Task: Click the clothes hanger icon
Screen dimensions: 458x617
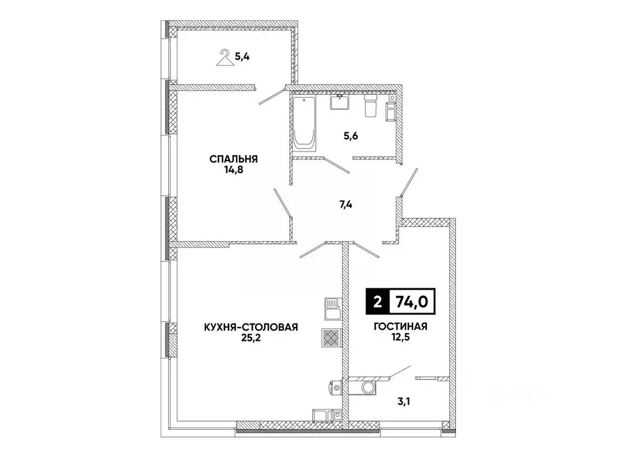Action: point(224,59)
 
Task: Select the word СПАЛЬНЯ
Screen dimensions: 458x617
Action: point(234,159)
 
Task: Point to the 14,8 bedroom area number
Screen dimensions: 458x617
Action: point(234,170)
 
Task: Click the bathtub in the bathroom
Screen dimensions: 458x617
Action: point(303,123)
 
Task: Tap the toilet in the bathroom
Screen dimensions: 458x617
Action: point(371,106)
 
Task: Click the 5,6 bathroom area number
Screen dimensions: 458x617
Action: point(350,136)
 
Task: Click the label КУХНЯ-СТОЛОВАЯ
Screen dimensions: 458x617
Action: point(251,327)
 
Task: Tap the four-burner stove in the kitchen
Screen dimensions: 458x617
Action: point(331,337)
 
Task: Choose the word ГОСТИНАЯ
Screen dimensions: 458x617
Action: point(400,327)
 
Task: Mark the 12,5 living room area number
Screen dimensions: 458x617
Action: point(400,338)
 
